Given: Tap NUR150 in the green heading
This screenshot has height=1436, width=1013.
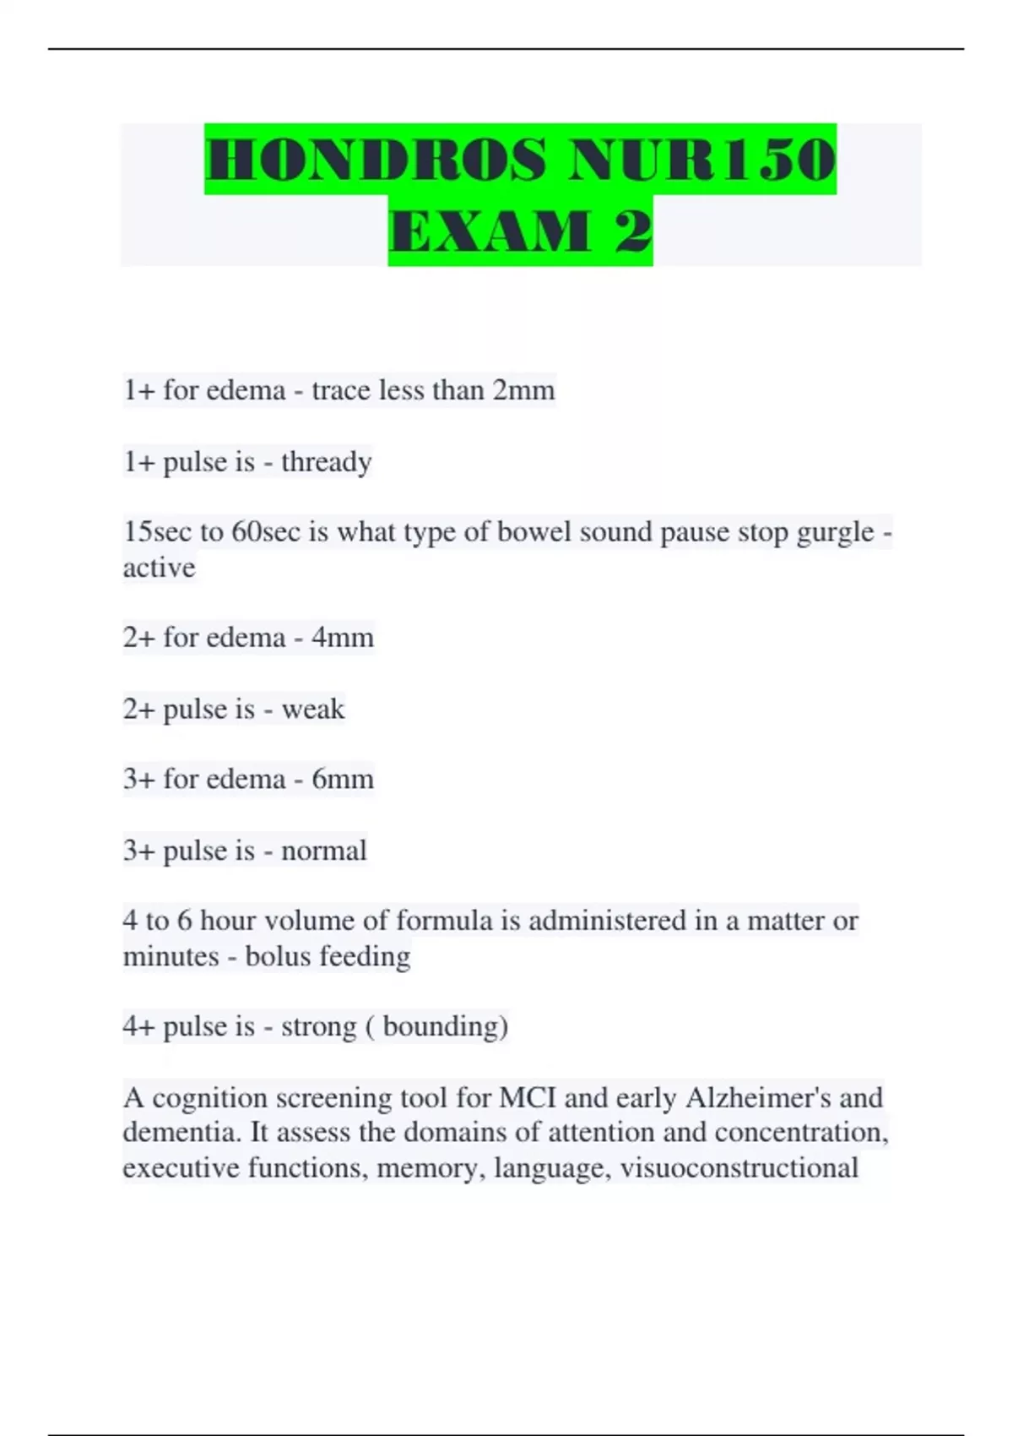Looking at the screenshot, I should (702, 160).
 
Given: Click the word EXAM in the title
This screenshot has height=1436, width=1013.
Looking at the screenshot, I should (490, 231).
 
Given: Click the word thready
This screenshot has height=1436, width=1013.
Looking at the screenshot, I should (326, 462).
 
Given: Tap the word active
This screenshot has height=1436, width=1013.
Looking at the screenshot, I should (159, 568).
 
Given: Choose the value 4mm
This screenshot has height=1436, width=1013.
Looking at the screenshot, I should (342, 637).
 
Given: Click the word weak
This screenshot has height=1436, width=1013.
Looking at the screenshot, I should (312, 709).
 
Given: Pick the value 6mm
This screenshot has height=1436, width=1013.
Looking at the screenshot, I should (342, 779).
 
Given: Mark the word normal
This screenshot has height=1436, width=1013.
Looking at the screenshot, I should (323, 851).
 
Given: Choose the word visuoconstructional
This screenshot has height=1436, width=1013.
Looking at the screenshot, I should (739, 1167).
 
